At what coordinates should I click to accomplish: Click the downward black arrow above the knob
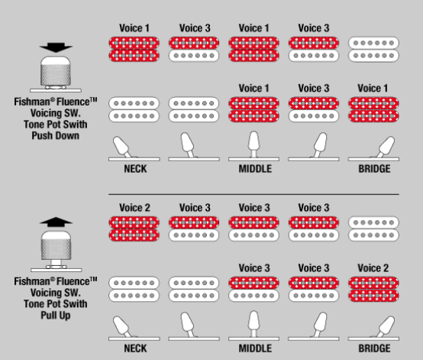point(56,47)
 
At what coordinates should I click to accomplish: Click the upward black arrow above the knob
point(56,222)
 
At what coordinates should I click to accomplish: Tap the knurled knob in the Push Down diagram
point(56,71)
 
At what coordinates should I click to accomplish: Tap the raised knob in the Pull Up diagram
point(56,245)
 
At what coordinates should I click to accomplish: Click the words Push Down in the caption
point(56,135)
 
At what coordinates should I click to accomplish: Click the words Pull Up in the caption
point(56,315)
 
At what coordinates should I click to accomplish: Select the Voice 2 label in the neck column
point(134,208)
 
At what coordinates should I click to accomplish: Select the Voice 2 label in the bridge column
point(373,268)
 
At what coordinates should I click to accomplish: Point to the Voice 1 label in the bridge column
point(373,89)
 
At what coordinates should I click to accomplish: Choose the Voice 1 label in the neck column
point(134,28)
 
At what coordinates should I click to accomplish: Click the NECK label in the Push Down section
point(135,169)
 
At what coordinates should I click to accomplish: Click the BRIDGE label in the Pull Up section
point(374,349)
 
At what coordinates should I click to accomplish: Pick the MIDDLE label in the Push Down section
point(255,169)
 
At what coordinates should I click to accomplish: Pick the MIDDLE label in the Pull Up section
point(255,349)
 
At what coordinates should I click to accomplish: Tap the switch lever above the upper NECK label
point(122,147)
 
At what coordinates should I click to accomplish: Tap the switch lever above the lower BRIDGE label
point(386,326)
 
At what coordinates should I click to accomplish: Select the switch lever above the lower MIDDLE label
point(253,323)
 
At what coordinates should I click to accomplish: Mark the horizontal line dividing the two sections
point(253,194)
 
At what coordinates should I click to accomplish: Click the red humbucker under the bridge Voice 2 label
point(373,289)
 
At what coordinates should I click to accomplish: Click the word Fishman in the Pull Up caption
point(32,281)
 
